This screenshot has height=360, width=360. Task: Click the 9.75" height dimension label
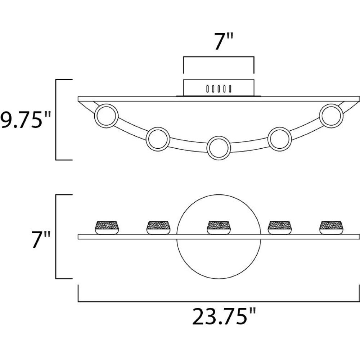point(25,120)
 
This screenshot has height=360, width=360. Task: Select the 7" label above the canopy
point(224,41)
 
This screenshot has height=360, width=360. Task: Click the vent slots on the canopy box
point(219,89)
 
